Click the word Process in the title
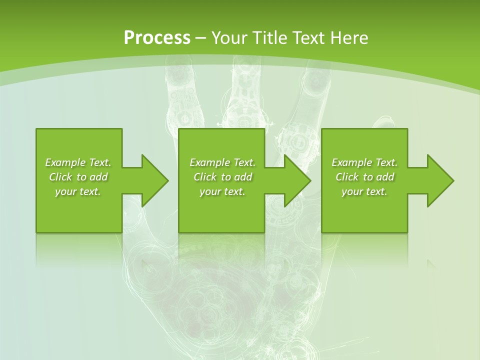[157, 38]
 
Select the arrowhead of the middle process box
[296, 180]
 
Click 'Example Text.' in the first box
[78, 162]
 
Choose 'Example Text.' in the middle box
[222, 162]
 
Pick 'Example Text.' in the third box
[364, 162]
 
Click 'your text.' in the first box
[78, 191]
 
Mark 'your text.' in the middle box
[222, 191]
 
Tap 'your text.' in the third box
[364, 191]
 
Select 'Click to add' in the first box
[78, 177]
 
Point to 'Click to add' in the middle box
[222, 177]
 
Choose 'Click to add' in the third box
[364, 177]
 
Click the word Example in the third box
[352, 162]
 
